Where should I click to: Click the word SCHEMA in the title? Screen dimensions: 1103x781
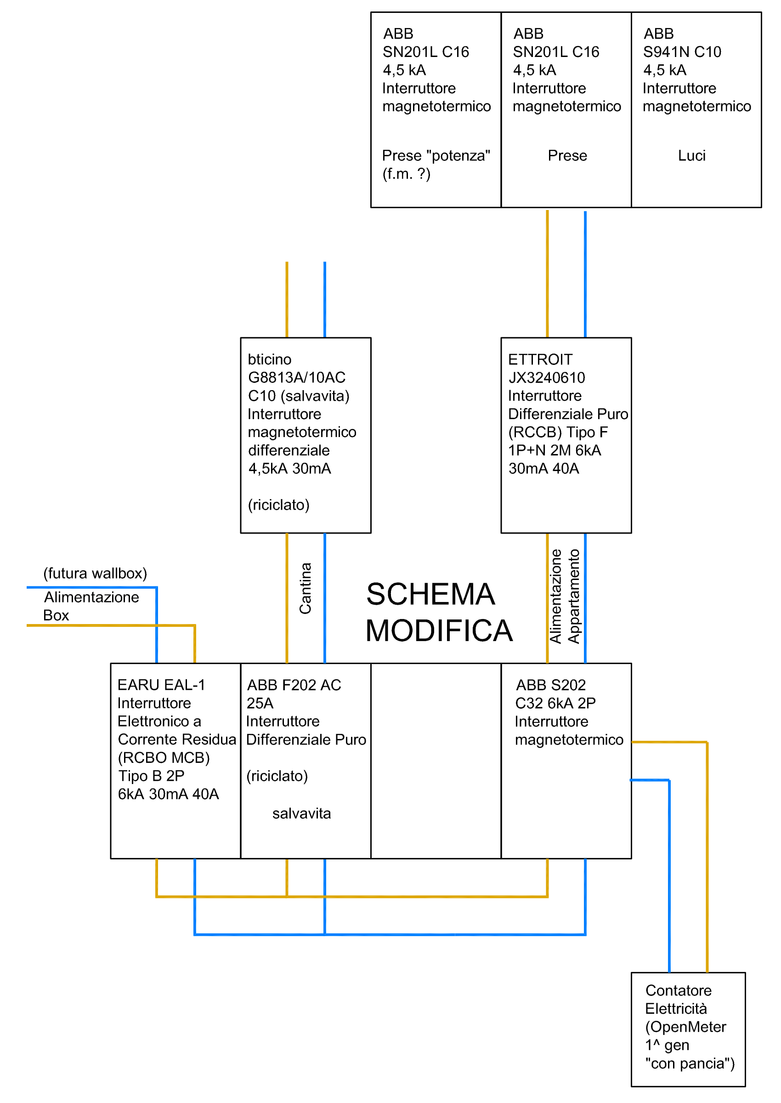430,595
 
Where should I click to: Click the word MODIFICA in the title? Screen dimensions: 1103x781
439,631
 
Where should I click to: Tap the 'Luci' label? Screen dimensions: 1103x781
691,156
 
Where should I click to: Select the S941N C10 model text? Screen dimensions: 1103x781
682,52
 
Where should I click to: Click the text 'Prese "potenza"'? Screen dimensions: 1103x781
436,156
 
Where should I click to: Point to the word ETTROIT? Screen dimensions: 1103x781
540,360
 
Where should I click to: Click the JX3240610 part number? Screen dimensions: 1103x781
547,378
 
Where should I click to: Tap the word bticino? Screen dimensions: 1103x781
269,360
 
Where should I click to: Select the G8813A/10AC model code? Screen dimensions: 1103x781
297,378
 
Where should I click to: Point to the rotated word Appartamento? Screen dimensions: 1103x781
574,597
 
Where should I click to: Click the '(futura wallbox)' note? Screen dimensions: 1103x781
95,574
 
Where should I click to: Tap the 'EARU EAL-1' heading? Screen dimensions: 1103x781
161,685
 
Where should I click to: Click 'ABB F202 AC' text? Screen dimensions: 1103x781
294,685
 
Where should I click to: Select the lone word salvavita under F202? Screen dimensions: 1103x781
301,813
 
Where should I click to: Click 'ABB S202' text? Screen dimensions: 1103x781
551,685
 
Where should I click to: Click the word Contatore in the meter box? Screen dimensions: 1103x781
678,990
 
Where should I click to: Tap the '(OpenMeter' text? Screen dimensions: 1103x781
685,1027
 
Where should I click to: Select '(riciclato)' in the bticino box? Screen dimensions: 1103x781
278,505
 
